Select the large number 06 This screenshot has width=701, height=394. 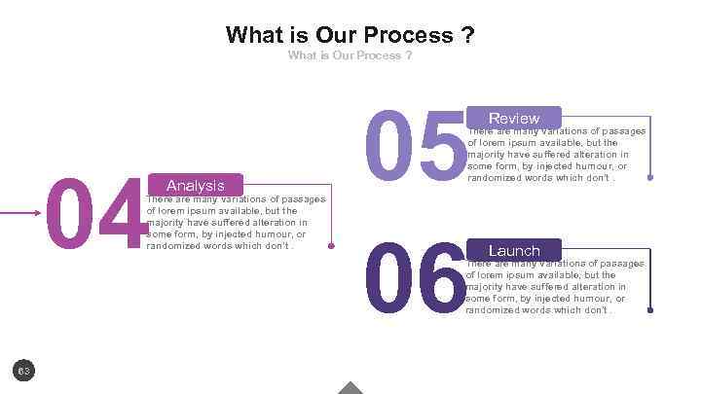(414, 279)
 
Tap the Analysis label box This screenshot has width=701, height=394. (196, 185)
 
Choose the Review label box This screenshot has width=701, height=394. (514, 118)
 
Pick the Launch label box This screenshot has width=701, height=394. (514, 250)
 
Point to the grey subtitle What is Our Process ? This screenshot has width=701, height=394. (350, 55)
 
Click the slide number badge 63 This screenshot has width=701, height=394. (24, 370)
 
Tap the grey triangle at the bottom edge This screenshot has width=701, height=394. (350, 388)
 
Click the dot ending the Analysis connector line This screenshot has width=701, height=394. (332, 246)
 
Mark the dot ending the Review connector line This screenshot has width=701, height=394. (649, 180)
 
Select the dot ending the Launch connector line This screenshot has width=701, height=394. (649, 311)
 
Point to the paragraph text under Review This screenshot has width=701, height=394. (555, 154)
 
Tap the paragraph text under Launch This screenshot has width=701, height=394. (555, 286)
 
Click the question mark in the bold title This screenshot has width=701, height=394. (467, 36)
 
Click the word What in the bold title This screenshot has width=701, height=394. (253, 36)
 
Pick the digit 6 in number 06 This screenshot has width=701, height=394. (440, 279)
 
